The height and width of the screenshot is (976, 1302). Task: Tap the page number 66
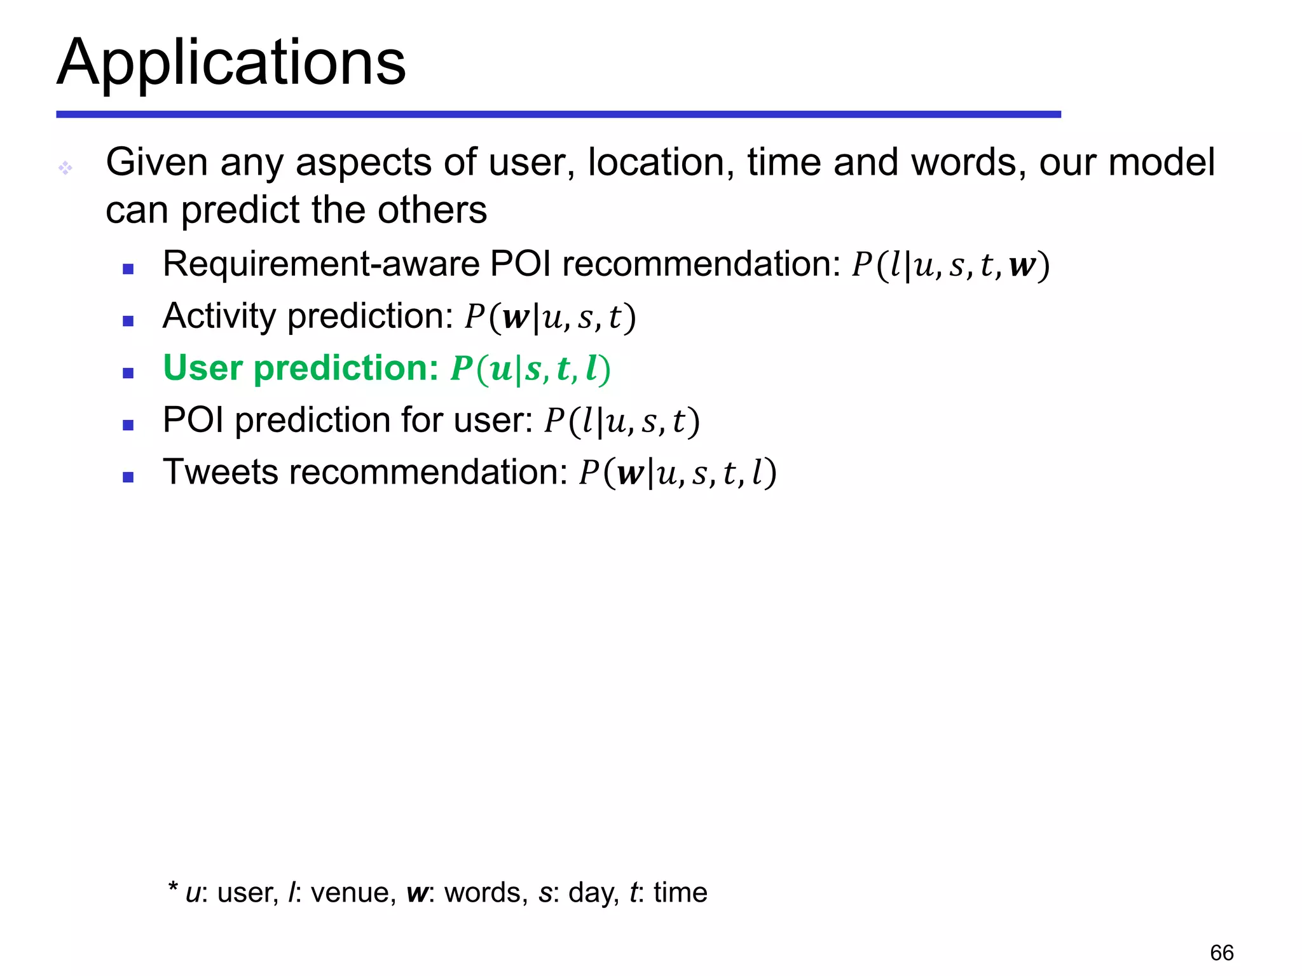pyautogui.click(x=1221, y=953)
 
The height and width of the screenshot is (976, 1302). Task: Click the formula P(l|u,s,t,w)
pyautogui.click(x=950, y=266)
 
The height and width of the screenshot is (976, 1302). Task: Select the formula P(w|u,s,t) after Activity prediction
pyautogui.click(x=550, y=318)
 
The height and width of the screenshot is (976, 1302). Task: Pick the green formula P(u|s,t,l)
pyautogui.click(x=531, y=369)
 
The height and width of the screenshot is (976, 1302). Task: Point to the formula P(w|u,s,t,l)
pyautogui.click(x=678, y=473)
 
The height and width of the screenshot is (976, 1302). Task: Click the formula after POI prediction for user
pyautogui.click(x=622, y=421)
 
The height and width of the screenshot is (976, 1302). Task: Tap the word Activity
pyautogui.click(x=219, y=316)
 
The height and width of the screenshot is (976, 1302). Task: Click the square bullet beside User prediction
pyautogui.click(x=128, y=373)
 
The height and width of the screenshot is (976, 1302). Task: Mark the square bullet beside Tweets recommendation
pyautogui.click(x=128, y=477)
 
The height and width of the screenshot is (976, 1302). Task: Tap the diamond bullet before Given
pyautogui.click(x=65, y=168)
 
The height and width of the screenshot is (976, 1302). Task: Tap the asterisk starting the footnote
pyautogui.click(x=172, y=887)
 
